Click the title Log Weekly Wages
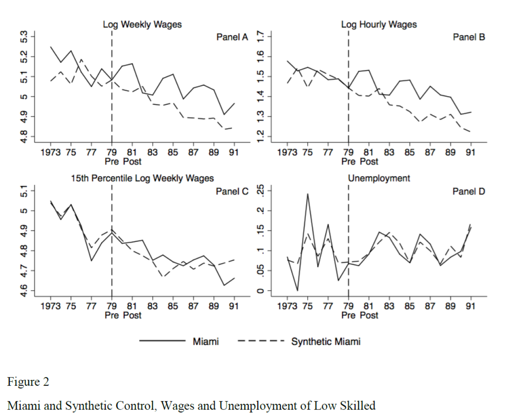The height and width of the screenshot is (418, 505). point(142,25)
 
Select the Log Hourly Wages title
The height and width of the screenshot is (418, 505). point(379,25)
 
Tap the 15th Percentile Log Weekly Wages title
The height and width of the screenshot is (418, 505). point(142,178)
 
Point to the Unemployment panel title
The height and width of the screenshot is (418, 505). point(379,178)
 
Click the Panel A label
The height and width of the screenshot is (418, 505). point(232,37)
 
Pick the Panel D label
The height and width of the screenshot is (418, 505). point(468,191)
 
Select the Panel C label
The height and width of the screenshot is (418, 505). point(232,191)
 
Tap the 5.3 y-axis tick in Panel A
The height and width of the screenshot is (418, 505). point(24,37)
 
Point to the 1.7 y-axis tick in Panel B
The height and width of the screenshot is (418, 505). point(261,37)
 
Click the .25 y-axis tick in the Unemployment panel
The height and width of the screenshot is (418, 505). point(261,190)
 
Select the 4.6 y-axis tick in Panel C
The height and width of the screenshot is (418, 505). point(24,291)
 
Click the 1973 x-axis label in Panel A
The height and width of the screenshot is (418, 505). point(50,152)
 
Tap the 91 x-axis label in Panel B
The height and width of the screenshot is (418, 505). point(470,152)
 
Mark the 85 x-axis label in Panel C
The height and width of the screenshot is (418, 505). point(173,306)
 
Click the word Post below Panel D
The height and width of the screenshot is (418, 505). point(369,315)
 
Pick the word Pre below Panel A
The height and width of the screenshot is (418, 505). point(112,161)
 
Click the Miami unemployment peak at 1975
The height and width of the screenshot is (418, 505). point(308,194)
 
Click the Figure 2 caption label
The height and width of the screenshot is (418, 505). point(28,382)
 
